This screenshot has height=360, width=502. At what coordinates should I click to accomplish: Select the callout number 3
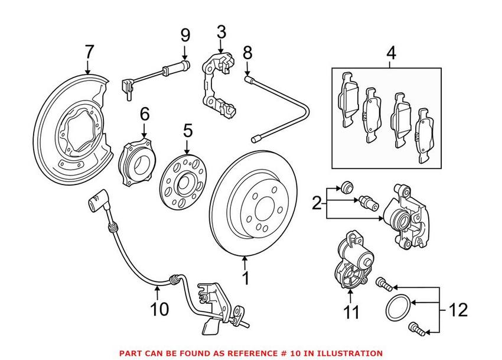[x=221, y=31]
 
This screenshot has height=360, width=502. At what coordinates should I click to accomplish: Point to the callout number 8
[x=247, y=52]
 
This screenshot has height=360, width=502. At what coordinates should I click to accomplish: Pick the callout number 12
[x=458, y=309]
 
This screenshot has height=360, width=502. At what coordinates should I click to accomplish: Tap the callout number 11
[x=352, y=312]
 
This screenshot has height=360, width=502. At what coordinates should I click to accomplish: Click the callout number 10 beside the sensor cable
[x=160, y=309]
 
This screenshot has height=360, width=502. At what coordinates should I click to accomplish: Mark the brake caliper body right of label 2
[x=408, y=215]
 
